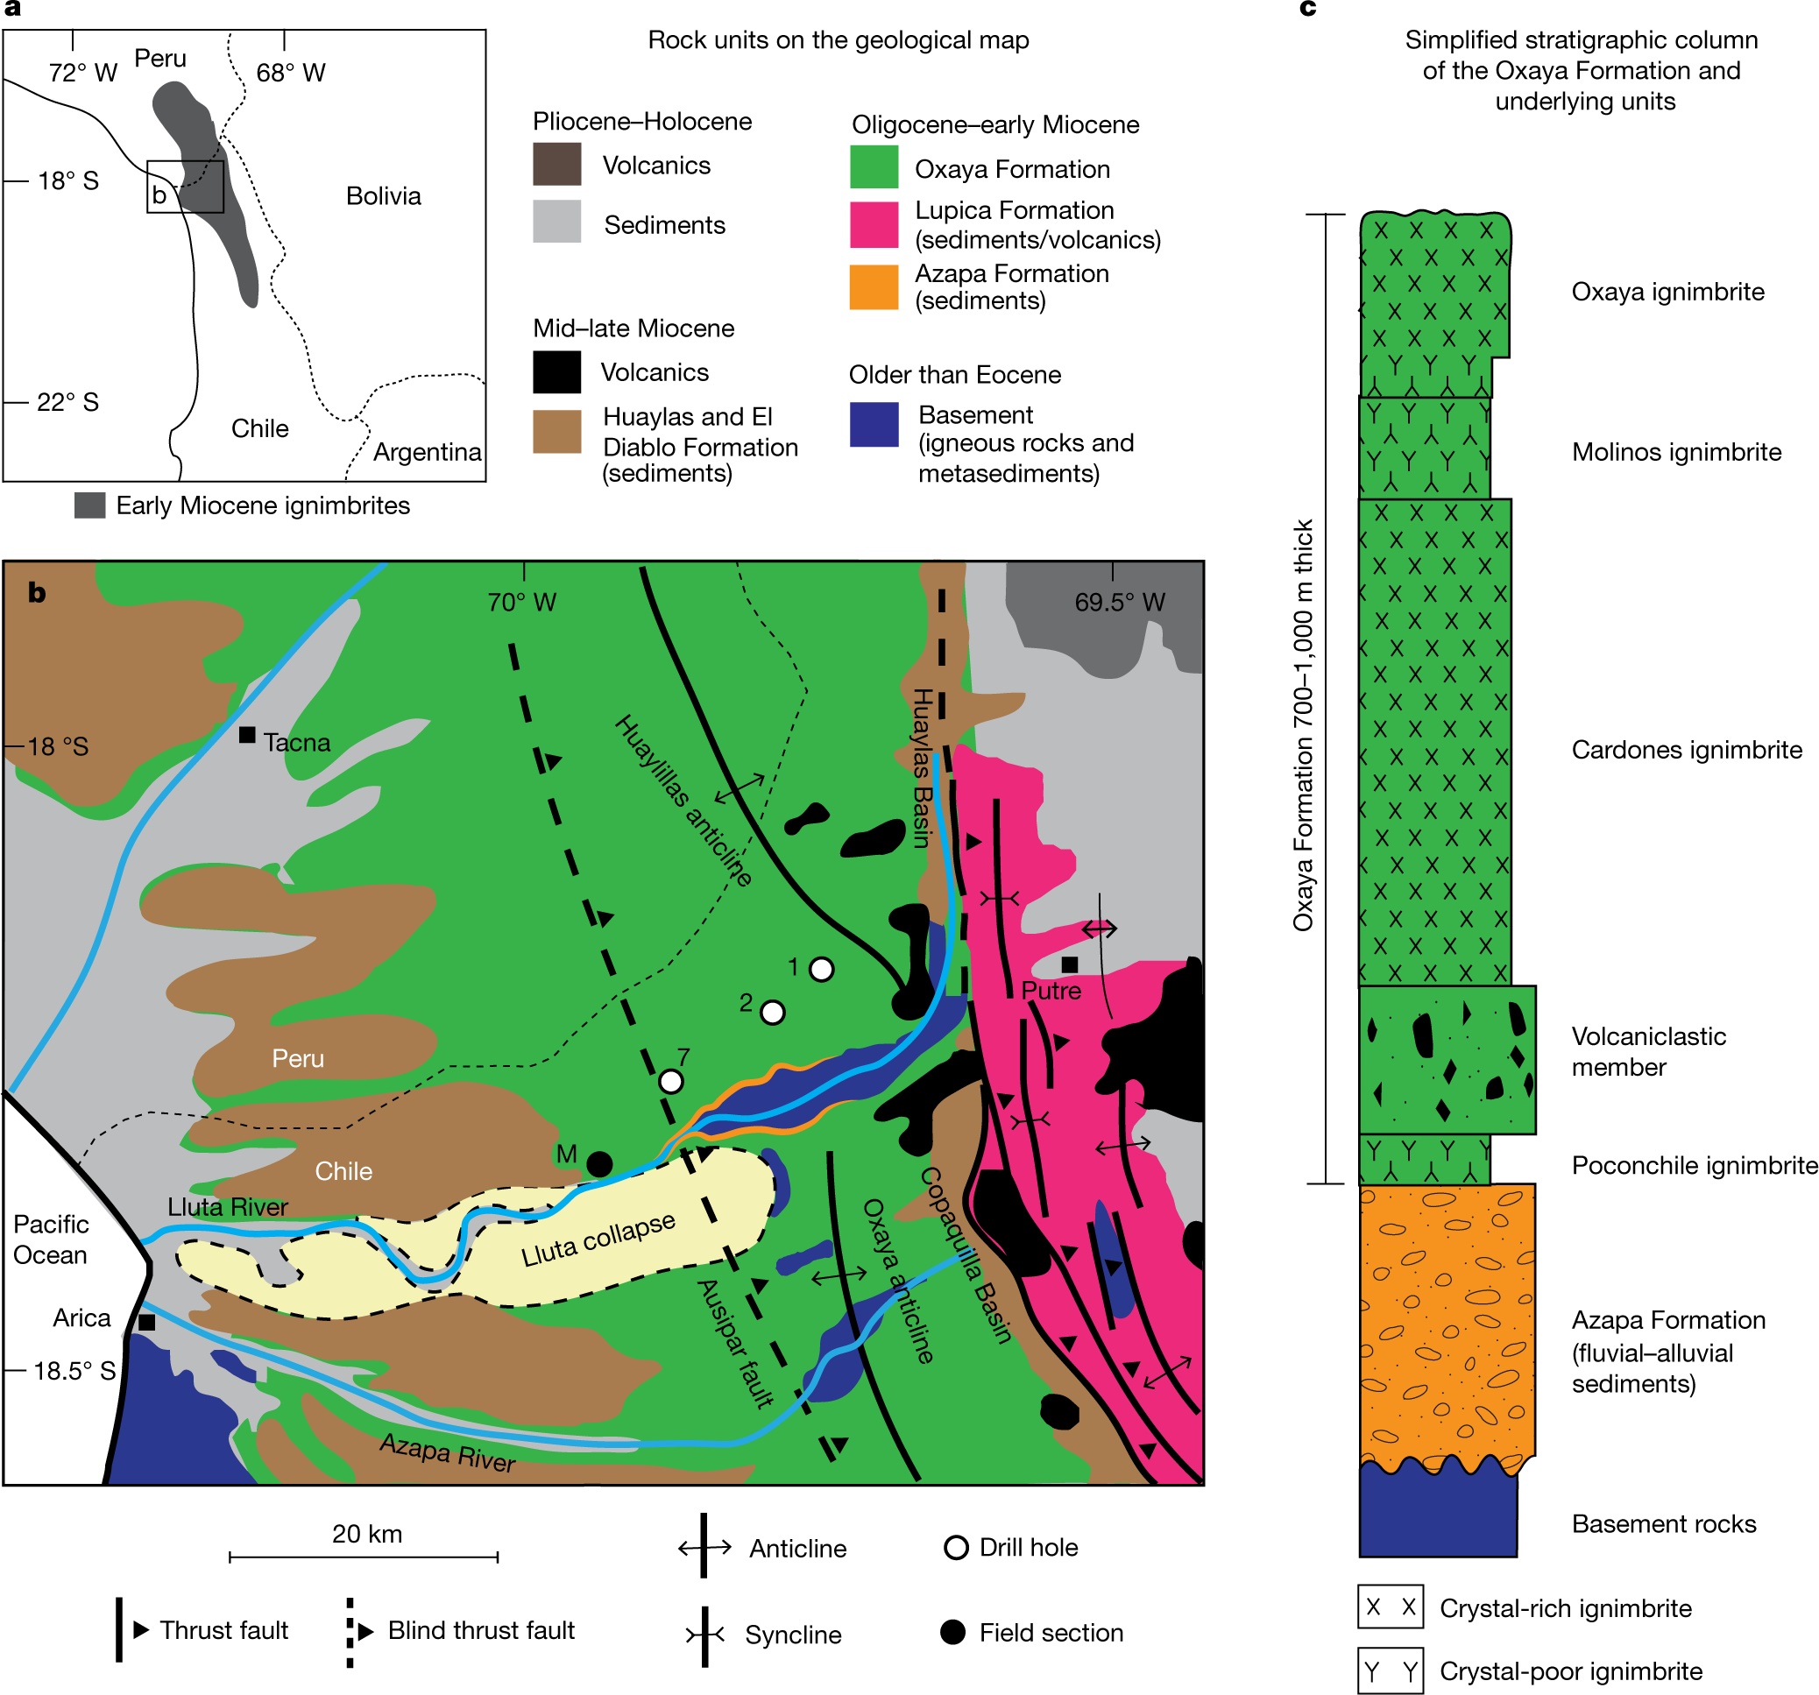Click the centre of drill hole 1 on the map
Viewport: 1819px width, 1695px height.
[822, 969]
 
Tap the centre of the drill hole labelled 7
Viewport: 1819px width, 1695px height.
[670, 1081]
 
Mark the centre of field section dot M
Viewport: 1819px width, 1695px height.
[599, 1164]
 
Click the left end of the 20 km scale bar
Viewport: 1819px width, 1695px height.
[230, 1557]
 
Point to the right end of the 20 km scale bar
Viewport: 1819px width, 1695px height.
[498, 1557]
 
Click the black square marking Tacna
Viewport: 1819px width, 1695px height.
[247, 735]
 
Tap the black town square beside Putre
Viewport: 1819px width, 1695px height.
[1070, 964]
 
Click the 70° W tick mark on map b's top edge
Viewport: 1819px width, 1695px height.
[524, 572]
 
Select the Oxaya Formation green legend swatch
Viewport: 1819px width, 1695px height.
[874, 166]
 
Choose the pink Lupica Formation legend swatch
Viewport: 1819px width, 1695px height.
[874, 225]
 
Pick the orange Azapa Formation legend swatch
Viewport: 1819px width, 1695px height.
[874, 287]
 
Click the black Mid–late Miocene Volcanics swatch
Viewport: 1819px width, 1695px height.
[557, 372]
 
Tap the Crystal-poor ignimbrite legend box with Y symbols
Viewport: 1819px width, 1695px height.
[1391, 1671]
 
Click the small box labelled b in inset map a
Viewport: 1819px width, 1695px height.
[186, 187]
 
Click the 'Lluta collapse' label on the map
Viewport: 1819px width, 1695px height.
[598, 1240]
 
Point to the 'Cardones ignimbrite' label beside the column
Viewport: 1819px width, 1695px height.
[1688, 750]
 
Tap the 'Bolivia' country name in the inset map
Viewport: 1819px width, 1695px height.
[384, 195]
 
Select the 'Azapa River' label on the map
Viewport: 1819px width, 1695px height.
[449, 1452]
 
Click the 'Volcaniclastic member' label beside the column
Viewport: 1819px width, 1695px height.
[1649, 1052]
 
